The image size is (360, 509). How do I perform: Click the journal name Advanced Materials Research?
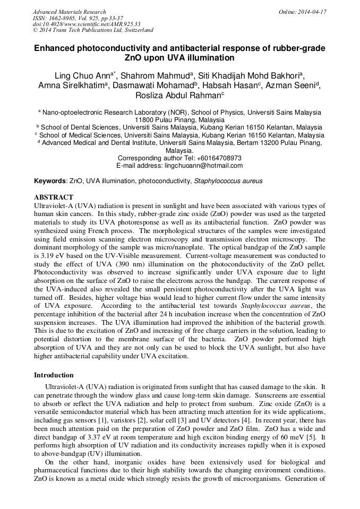(69, 12)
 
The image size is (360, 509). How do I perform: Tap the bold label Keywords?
(50, 181)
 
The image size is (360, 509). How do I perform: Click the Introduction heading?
(54, 375)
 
